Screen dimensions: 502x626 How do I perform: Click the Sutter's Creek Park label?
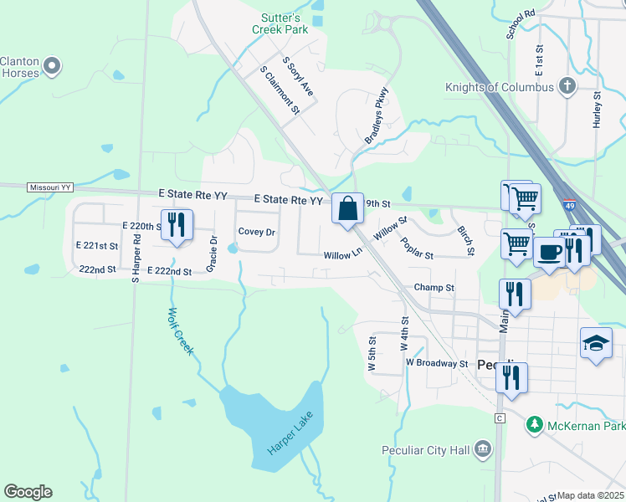pyautogui.click(x=280, y=23)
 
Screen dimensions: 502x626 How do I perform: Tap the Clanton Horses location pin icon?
pyautogui.click(x=52, y=65)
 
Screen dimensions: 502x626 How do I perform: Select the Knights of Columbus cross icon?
pyautogui.click(x=567, y=86)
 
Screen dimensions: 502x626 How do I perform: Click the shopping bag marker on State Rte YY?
pyautogui.click(x=347, y=208)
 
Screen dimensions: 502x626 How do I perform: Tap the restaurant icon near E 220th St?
pyautogui.click(x=177, y=224)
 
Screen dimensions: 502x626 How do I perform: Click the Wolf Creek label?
pyautogui.click(x=180, y=332)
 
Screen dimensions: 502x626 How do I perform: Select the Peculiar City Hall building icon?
pyautogui.click(x=482, y=450)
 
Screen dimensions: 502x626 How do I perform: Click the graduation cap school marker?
pyautogui.click(x=596, y=343)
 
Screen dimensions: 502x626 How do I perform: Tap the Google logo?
pyautogui.click(x=27, y=492)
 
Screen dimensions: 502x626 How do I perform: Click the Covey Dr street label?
pyautogui.click(x=256, y=232)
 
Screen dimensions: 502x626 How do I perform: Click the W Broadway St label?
pyautogui.click(x=436, y=363)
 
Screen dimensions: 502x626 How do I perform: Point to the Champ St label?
pyautogui.click(x=434, y=288)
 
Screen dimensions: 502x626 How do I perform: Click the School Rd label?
pyautogui.click(x=519, y=25)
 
